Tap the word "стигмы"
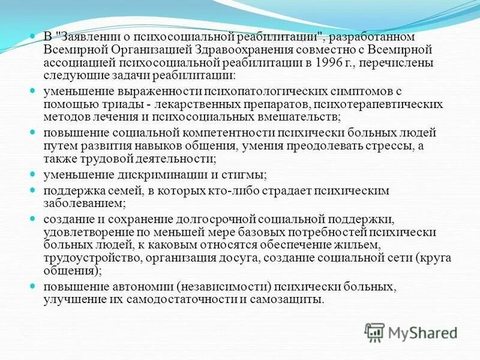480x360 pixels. tap(247, 175)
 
